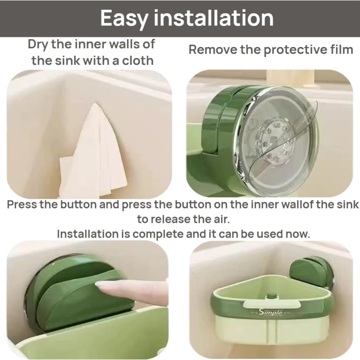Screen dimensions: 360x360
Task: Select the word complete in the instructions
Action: point(158,234)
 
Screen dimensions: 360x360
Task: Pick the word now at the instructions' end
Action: point(299,233)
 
